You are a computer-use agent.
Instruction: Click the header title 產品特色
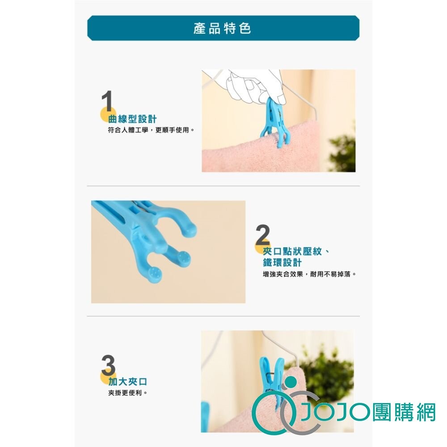[x=222, y=28]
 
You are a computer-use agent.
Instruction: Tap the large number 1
[x=107, y=101]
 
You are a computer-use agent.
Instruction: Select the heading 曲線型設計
[x=133, y=119]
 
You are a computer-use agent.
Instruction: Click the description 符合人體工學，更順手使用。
[x=151, y=130]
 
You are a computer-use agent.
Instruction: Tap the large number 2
[x=262, y=235]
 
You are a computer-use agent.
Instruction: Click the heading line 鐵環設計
[x=282, y=262]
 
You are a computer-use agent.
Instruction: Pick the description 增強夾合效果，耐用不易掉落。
[x=310, y=274]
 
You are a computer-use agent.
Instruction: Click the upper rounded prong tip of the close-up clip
[x=189, y=230]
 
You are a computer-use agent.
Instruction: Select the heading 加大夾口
[x=128, y=381]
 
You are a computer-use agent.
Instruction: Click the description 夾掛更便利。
[x=128, y=393]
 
